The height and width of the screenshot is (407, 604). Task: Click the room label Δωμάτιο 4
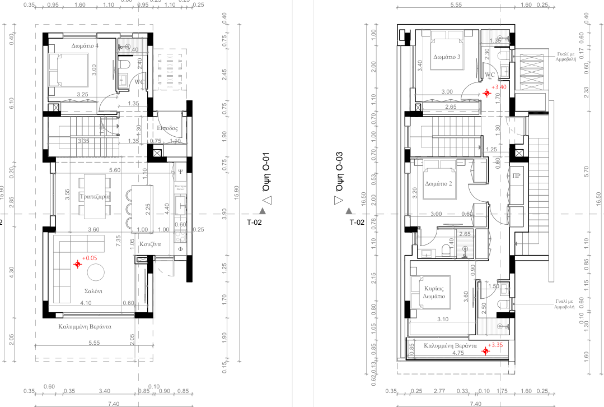85,45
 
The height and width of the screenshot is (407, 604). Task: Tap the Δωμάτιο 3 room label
447,57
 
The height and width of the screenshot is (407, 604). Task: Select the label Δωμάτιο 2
438,183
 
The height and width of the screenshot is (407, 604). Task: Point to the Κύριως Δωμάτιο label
434,293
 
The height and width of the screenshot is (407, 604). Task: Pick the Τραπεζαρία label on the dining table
94,197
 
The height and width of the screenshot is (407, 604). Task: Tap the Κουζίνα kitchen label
150,244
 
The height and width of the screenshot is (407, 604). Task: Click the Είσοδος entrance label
167,128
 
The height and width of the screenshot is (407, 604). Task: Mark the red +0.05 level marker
77,264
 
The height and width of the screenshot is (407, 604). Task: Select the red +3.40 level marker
487,93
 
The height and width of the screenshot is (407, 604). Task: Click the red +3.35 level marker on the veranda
485,351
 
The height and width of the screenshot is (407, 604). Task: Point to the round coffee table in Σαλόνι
95,273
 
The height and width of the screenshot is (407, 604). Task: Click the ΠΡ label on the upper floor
516,175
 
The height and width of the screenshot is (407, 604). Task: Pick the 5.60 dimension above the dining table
115,170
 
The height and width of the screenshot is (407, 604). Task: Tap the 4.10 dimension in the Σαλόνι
86,303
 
